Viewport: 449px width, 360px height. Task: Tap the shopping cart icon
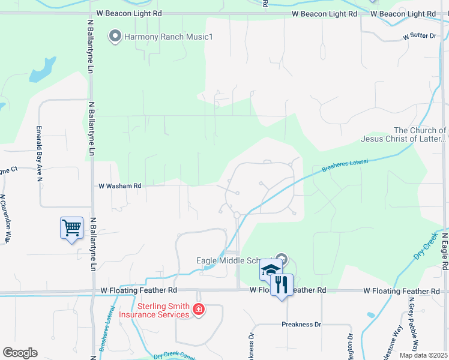click(71, 228)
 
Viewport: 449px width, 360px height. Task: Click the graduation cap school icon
click(271, 269)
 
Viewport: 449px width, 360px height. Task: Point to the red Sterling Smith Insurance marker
click(199, 310)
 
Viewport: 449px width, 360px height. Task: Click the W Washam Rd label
click(120, 186)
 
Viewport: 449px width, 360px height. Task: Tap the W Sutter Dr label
click(419, 37)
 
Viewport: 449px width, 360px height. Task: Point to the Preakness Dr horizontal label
click(301, 325)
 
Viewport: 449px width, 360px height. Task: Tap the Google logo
click(20, 353)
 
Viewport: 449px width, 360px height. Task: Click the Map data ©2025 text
click(423, 355)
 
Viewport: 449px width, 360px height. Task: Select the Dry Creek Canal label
click(175, 355)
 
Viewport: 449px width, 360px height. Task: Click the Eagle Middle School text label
click(237, 260)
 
